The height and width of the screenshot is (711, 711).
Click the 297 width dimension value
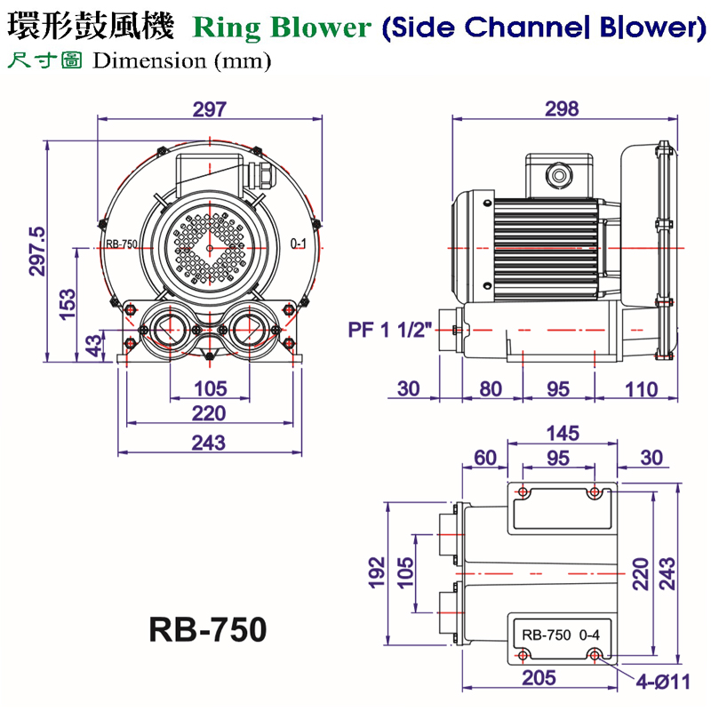pos(210,109)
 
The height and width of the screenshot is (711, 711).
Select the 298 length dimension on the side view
pos(562,109)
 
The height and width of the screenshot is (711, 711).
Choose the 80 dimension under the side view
pos(490,389)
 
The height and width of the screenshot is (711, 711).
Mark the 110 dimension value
pos(640,389)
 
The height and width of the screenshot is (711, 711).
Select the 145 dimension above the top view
pos(562,433)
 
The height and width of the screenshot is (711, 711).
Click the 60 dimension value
pos(484,458)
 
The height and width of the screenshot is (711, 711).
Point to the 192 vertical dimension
pos(376,573)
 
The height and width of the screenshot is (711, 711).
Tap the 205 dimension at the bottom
pos(539,678)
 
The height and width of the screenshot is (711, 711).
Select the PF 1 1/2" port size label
pos(390,331)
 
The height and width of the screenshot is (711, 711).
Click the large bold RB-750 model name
pos(207,629)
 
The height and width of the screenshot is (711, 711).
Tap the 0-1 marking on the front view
pos(300,243)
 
